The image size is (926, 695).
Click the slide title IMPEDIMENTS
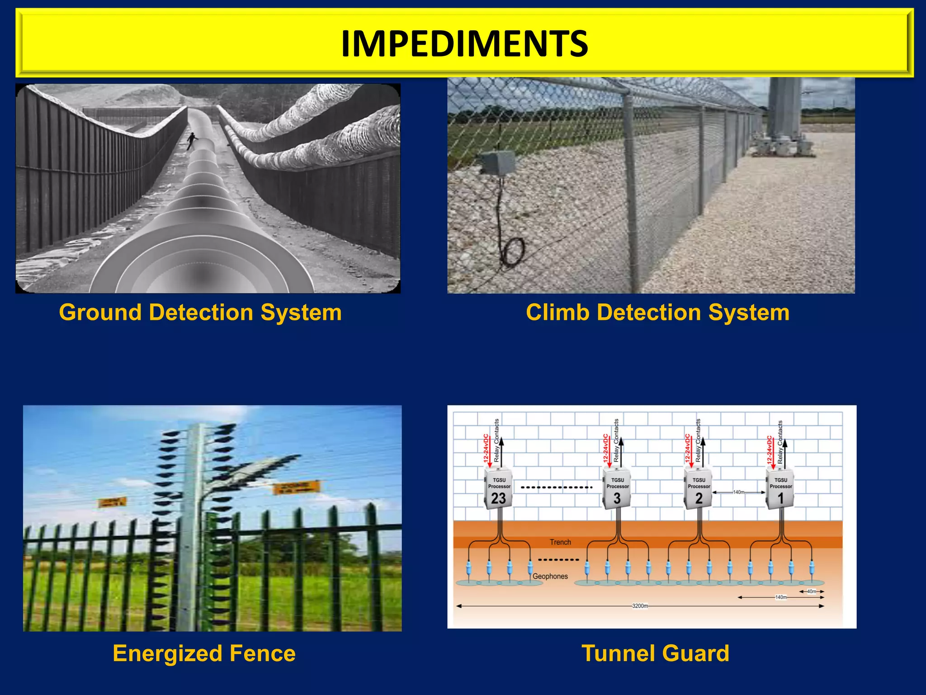click(x=464, y=43)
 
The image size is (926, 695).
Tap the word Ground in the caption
click(x=100, y=313)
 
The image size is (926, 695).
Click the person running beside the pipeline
click(x=192, y=140)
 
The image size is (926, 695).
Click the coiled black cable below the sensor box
click(x=513, y=252)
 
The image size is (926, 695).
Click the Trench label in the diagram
click(x=560, y=542)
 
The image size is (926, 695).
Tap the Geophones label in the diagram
click(x=550, y=576)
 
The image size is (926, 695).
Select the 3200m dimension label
click(x=640, y=606)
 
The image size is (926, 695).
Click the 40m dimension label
click(x=812, y=591)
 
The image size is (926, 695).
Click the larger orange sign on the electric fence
click(x=297, y=488)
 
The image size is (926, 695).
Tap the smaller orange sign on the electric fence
click(x=113, y=502)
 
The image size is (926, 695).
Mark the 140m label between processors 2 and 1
click(x=738, y=492)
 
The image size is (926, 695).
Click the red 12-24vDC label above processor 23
click(x=486, y=448)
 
